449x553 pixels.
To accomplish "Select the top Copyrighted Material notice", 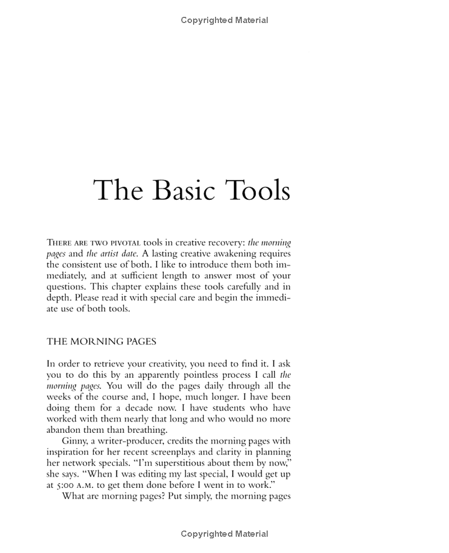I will pos(224,20).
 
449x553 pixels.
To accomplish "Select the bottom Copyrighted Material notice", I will pos(224,534).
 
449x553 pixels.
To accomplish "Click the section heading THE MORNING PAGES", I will pos(101,341).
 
